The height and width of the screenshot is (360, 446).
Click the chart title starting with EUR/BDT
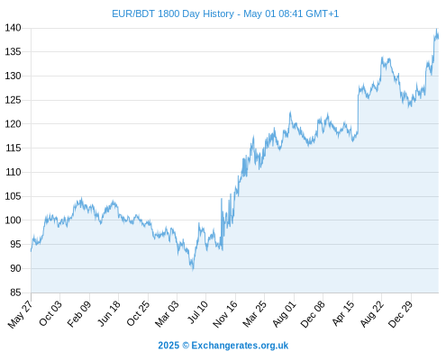pos(225,13)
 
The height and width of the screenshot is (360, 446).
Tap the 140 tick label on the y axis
pos(13,28)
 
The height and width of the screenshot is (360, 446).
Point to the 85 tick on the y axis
pos(15,292)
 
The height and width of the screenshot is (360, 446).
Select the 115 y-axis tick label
pos(13,148)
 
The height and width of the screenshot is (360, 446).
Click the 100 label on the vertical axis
pos(13,220)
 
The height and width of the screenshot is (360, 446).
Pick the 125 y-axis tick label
pos(13,100)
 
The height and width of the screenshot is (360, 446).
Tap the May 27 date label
pos(20,314)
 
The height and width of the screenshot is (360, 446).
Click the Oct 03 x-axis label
pos(50,313)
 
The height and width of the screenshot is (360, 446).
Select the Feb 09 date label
pos(78,313)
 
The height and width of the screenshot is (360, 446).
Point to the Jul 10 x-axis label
pos(197,311)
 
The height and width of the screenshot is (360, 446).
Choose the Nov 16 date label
pos(225,313)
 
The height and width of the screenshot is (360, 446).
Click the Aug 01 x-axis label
pos(284,313)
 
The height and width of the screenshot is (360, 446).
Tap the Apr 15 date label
pos(343,312)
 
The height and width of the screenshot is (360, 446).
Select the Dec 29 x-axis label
pos(401,313)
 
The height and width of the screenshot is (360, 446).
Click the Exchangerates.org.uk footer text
pos(240,346)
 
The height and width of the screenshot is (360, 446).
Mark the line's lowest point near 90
pos(193,270)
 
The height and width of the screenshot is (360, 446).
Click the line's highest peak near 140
pos(437,29)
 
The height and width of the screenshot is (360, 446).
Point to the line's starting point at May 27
pos(31,251)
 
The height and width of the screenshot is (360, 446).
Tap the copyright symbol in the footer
pos(186,346)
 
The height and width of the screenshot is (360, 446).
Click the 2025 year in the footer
pos(168,346)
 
